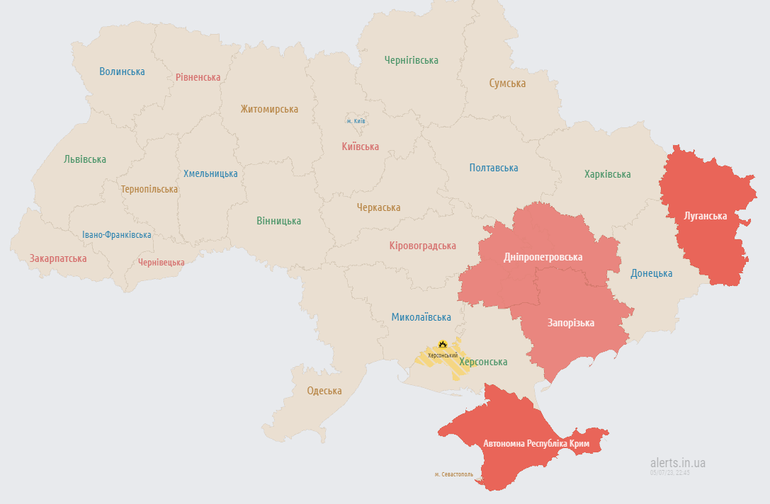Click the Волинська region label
tap(122, 71)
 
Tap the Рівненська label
tap(198, 77)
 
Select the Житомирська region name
tap(269, 109)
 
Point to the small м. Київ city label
tap(356, 121)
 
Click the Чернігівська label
tap(411, 60)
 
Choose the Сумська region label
tap(507, 84)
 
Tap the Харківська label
tap(607, 174)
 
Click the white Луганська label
tap(706, 215)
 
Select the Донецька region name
tap(652, 273)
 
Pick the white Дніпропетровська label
tap(543, 257)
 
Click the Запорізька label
tap(570, 323)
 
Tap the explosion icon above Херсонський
tap(443, 344)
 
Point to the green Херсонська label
tap(483, 362)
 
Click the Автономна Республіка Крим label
tap(536, 444)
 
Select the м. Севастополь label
tap(453, 474)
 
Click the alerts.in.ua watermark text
tap(677, 463)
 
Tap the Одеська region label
tap(324, 391)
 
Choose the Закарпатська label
tap(58, 258)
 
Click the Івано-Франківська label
tap(116, 235)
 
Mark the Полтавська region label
tap(493, 168)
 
